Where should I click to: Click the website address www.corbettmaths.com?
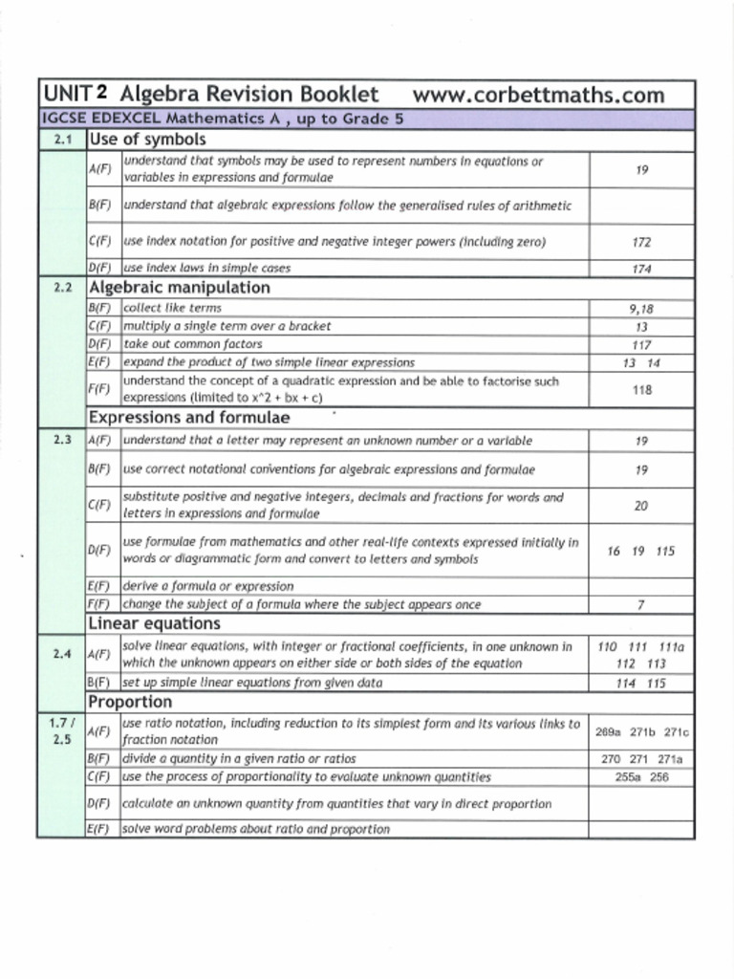tap(538, 95)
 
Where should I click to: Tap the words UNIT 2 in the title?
tap(74, 95)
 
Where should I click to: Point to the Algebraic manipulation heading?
tap(179, 287)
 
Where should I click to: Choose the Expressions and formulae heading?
tap(188, 417)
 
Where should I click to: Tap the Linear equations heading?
tap(154, 623)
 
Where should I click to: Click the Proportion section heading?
tap(130, 702)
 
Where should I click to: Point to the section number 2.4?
tap(62, 654)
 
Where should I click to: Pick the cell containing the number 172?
tap(641, 243)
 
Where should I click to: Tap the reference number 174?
tap(641, 269)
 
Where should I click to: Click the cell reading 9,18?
tap(641, 308)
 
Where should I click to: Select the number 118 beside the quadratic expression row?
tap(641, 390)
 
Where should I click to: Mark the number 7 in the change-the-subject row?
tap(641, 604)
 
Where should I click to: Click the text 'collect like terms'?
tap(172, 308)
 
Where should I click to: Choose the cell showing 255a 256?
tap(641, 777)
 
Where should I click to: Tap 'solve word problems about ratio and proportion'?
tap(256, 829)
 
